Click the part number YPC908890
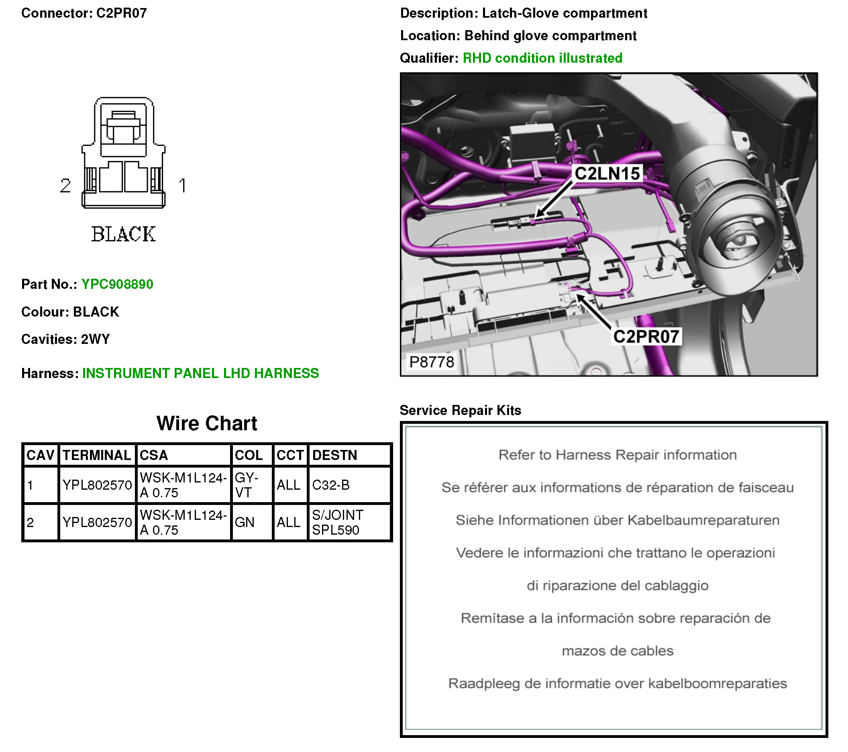pyautogui.click(x=117, y=284)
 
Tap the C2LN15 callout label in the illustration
pyautogui.click(x=607, y=174)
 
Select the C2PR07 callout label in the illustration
pyautogui.click(x=646, y=337)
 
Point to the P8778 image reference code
pyautogui.click(x=432, y=362)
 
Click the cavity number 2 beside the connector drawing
pyautogui.click(x=65, y=186)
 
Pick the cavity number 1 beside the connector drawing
pyautogui.click(x=182, y=186)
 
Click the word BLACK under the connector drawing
pyautogui.click(x=123, y=234)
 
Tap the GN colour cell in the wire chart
pyautogui.click(x=245, y=523)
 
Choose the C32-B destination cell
pyautogui.click(x=331, y=485)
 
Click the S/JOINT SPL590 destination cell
pyautogui.click(x=337, y=523)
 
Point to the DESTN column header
pyautogui.click(x=334, y=455)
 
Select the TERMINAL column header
pyautogui.click(x=97, y=455)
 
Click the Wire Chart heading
pyautogui.click(x=207, y=424)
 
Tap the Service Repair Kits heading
pyautogui.click(x=460, y=411)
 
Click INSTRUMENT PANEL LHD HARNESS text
pyautogui.click(x=200, y=374)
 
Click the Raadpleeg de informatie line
pyautogui.click(x=618, y=684)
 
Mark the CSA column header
pyautogui.click(x=154, y=455)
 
